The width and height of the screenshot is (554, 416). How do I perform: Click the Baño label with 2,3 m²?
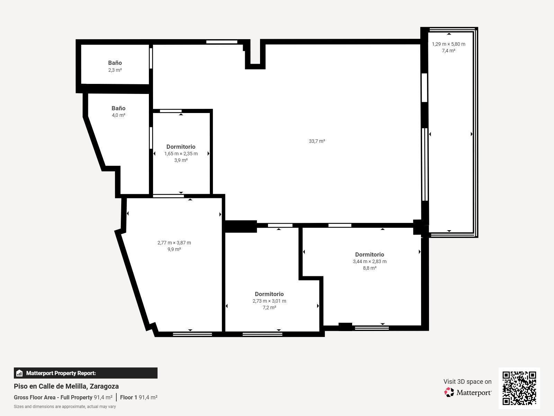[x=115, y=63]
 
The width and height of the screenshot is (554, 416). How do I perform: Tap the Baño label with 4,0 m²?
[x=118, y=108]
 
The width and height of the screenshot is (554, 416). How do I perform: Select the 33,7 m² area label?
[x=317, y=141]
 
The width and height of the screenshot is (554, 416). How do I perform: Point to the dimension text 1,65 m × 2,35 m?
[x=181, y=154]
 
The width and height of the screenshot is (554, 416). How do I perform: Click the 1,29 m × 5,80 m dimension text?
[x=448, y=44]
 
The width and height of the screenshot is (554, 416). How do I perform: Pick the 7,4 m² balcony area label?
[x=448, y=51]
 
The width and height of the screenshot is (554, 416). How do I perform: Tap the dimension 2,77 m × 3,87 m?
[x=174, y=243]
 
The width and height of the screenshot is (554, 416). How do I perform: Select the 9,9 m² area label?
[x=174, y=249]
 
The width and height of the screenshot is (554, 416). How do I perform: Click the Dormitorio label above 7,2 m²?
[x=269, y=294]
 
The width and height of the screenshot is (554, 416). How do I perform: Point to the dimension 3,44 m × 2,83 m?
[x=369, y=261]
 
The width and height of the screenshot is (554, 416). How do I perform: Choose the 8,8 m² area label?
[x=369, y=268]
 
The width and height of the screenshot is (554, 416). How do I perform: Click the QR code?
[x=519, y=388]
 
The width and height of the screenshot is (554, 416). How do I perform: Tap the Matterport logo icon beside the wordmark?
[x=449, y=392]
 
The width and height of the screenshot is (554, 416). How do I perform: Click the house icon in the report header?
[x=19, y=373]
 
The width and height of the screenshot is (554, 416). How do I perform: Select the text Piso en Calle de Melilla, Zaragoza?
[x=66, y=386]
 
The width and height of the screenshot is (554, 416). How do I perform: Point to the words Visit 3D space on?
[x=467, y=382]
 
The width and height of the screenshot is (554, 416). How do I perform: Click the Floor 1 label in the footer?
[x=128, y=397]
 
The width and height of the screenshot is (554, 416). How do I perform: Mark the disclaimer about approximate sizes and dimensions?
[x=65, y=407]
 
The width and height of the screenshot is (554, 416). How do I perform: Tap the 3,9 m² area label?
[x=181, y=160]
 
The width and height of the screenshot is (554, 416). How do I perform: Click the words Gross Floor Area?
[x=34, y=397]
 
